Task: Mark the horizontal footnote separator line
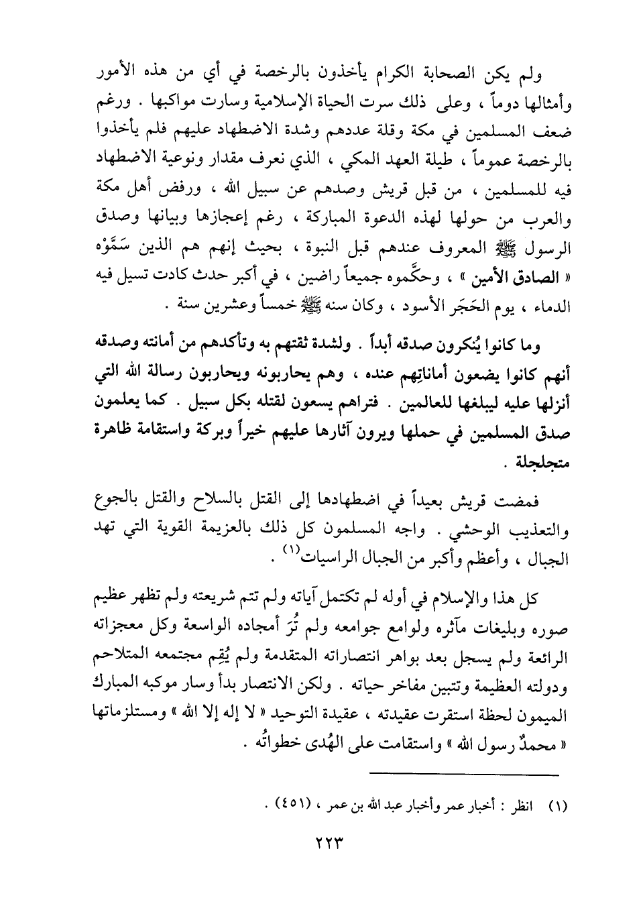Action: (464, 775)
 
